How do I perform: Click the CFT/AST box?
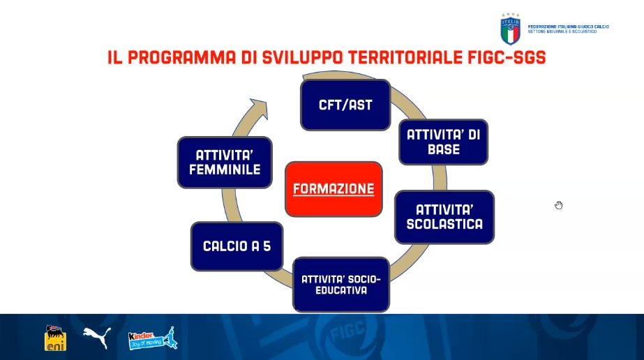[345, 105]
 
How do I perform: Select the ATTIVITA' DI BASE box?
[444, 142]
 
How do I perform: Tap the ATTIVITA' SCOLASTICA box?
[444, 217]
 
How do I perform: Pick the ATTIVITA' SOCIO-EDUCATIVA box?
[341, 285]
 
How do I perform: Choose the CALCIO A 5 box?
[237, 246]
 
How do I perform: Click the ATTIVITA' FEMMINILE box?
[225, 163]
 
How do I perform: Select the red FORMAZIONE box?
[334, 189]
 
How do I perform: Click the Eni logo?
[55, 338]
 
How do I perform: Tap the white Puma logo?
[97, 337]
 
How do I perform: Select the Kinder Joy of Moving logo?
[153, 338]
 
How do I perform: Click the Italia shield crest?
[511, 29]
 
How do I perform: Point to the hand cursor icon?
[559, 205]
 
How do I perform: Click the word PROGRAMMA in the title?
[182, 57]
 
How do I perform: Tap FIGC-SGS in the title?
[507, 57]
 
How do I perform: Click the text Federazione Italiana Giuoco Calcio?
[569, 27]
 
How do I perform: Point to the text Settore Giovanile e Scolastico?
[562, 31]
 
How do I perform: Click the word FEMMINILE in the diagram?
[225, 170]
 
